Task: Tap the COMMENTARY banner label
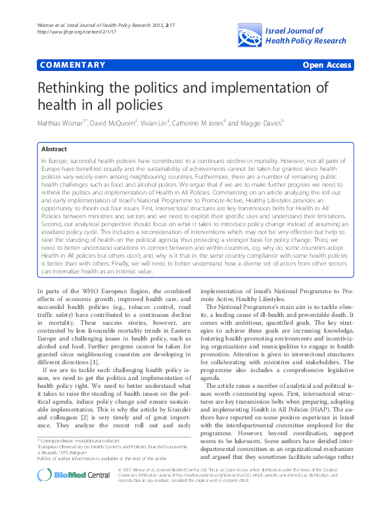72,65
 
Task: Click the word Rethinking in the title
80,89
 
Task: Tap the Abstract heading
55,149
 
